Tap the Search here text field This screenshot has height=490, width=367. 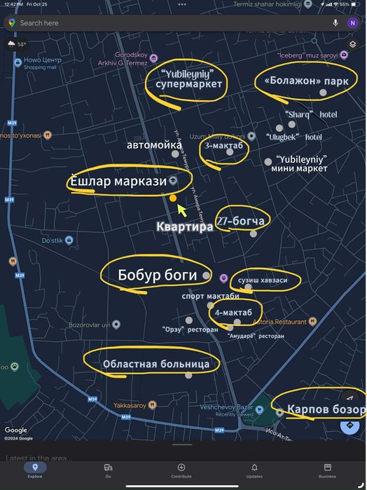[140, 23]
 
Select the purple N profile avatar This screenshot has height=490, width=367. [352, 23]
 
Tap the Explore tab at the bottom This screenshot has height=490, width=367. [34, 470]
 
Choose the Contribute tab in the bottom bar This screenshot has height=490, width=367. [181, 470]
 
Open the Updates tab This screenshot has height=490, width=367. [254, 470]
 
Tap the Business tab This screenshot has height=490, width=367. [327, 470]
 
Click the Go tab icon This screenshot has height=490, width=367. [108, 470]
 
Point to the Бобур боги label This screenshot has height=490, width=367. [158, 275]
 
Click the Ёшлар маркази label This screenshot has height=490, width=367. [118, 182]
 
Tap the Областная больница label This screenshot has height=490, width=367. [155, 364]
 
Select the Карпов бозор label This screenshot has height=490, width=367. [326, 409]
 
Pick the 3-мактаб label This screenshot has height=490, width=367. [223, 147]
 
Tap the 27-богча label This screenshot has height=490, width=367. [240, 222]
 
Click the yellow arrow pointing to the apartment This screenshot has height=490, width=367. [181, 210]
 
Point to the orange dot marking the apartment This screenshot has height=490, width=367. [173, 198]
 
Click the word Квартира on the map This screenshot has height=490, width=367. [184, 227]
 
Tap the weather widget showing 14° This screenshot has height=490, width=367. [16, 45]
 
